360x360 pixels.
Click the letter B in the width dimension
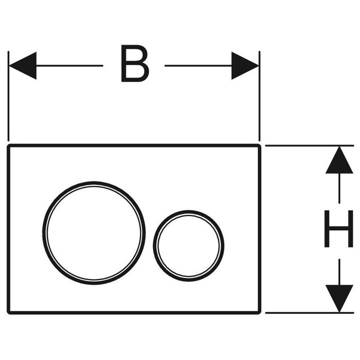[135, 64]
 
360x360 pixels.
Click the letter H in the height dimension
[339, 229]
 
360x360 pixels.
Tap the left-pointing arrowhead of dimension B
[22, 66]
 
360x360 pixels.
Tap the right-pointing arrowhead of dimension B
[245, 66]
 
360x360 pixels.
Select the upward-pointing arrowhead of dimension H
[339, 160]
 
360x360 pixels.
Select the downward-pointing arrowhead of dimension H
[339, 299]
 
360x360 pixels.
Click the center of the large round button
[94, 233]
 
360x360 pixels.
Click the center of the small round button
[188, 246]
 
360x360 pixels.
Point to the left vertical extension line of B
[8, 96]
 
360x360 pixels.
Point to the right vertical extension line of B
[259, 96]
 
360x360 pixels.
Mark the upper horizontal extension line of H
[310, 146]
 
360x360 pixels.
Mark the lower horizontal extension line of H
[310, 313]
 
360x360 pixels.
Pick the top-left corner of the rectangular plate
[8, 146]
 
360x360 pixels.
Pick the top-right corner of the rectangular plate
[259, 146]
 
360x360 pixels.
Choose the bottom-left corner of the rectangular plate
[8, 313]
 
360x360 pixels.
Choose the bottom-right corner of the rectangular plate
[259, 313]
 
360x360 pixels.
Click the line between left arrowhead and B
[69, 66]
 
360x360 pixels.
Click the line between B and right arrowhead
[198, 66]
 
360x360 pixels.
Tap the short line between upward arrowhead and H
[339, 188]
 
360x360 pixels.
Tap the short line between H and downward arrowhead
[339, 272]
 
